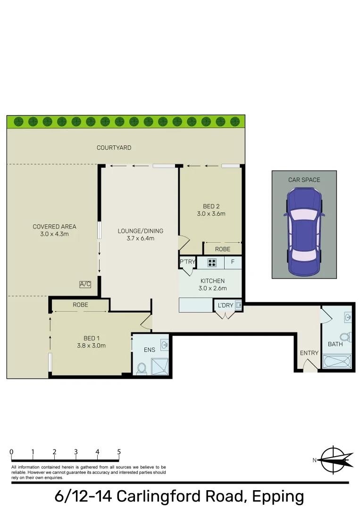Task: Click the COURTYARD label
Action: tap(114, 148)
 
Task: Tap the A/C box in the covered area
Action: tap(85, 284)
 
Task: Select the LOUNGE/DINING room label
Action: tap(141, 231)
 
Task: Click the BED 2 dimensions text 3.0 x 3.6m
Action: tap(211, 214)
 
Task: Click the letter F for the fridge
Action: tap(233, 262)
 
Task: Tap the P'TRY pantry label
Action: tap(187, 262)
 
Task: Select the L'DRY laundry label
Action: tap(225, 306)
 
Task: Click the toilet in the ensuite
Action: tap(141, 368)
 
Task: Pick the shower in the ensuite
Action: tap(159, 366)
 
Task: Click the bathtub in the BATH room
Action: tap(337, 363)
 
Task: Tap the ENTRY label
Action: tap(309, 353)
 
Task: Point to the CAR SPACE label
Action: tap(304, 180)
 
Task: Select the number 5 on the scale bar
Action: tap(119, 452)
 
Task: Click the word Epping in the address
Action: tap(278, 496)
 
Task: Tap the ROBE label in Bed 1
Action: tap(80, 305)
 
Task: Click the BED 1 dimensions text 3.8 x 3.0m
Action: tap(91, 345)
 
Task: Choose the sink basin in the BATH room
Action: tap(348, 317)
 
